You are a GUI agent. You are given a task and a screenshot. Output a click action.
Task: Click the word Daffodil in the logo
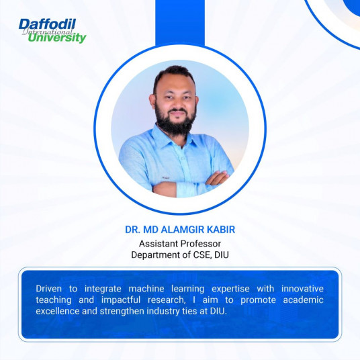47,24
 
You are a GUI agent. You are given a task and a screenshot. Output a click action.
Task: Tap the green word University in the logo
57,38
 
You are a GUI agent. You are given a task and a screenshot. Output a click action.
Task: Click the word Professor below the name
200,244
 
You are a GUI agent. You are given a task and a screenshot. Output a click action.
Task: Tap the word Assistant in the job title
159,244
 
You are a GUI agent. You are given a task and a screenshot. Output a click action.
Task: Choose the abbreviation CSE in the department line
202,255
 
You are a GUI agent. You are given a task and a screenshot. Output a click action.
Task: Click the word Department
156,255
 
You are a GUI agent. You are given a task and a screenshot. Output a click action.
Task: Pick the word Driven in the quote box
48,289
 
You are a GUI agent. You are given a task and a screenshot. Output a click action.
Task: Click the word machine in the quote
146,289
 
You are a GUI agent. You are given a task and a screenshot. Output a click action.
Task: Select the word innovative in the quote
303,289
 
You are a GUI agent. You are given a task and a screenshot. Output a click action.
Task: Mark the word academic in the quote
304,300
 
